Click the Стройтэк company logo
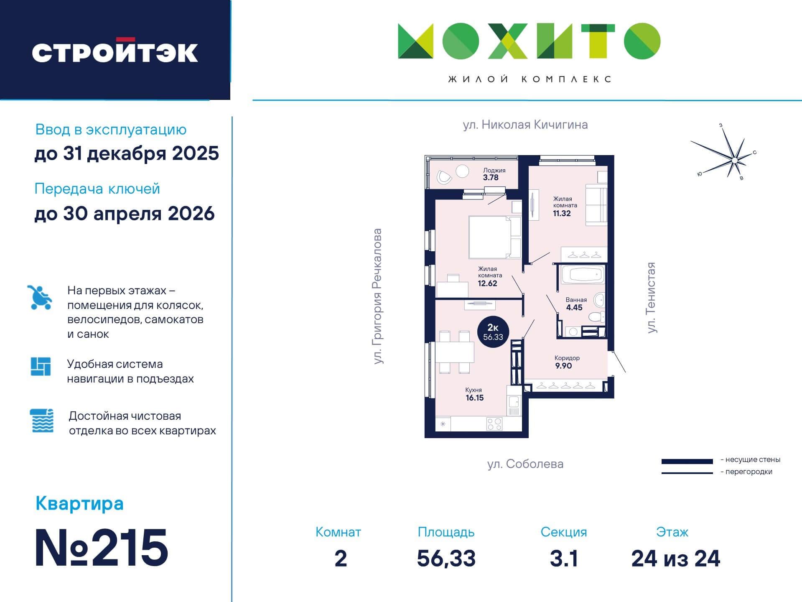115,51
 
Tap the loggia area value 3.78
491,177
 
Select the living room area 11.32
562,213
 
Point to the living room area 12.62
487,283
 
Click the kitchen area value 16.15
475,398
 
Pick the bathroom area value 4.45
574,307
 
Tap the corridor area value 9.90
563,366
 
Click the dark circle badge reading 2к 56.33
493,332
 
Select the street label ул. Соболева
525,464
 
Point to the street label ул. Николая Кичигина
525,125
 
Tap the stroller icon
40,297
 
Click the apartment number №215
102,547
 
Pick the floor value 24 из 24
676,559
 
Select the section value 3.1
564,559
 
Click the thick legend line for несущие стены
687,462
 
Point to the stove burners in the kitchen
494,424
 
